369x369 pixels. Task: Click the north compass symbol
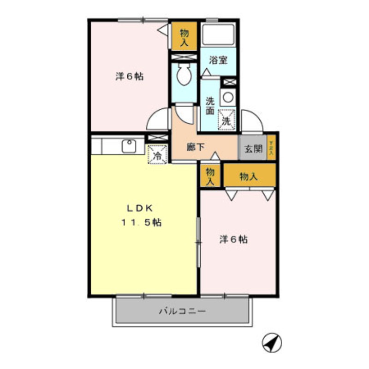click(272, 342)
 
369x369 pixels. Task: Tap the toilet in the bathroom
click(184, 76)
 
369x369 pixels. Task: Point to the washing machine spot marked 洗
click(226, 120)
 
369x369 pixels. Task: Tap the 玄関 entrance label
click(253, 149)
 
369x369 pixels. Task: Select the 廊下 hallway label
click(196, 148)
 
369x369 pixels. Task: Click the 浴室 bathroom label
click(218, 60)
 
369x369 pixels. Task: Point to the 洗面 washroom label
click(210, 106)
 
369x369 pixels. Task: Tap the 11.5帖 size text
click(141, 222)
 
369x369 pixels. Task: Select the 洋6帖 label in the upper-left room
click(129, 76)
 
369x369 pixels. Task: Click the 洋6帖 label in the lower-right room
click(233, 239)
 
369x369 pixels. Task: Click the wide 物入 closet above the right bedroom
click(249, 176)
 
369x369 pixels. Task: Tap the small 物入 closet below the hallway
click(210, 176)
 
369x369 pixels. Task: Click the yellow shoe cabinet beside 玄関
click(271, 148)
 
